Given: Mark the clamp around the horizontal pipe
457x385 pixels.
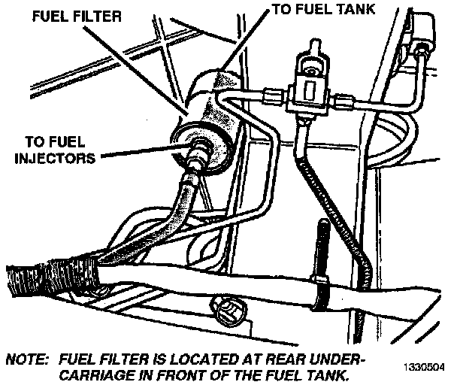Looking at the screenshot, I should click(319, 288).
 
